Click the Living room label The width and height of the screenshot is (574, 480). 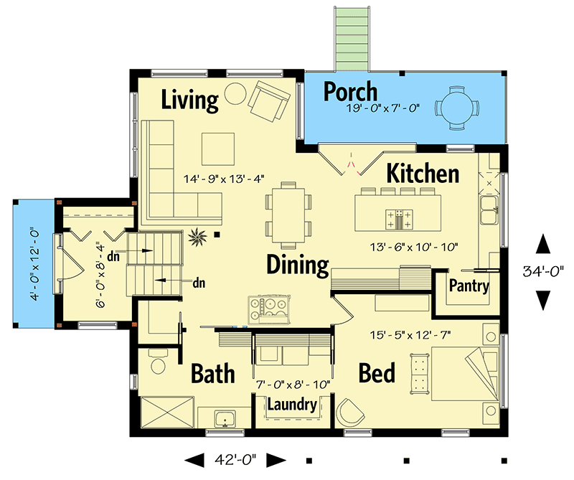coord(189,100)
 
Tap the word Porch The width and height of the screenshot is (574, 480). coord(350,91)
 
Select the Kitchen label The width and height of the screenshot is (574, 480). coord(423,173)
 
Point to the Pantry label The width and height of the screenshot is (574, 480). coord(469,286)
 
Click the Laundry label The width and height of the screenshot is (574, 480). coord(292,405)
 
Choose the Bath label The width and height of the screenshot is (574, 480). coord(212,374)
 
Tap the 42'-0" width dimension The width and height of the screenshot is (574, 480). coord(235,459)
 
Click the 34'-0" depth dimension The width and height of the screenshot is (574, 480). coord(543,271)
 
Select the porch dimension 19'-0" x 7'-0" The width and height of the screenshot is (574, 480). coord(382,108)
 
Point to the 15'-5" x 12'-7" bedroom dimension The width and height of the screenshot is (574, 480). coord(410,335)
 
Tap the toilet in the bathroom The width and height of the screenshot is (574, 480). coord(158,362)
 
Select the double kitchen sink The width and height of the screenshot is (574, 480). coord(489,210)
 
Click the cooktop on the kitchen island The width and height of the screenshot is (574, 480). coord(399,220)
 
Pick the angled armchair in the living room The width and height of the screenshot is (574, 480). coord(269,101)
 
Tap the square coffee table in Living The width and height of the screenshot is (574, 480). coord(218,149)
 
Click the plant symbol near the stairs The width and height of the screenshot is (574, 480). coord(197,237)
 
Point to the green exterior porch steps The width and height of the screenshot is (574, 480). coord(351,39)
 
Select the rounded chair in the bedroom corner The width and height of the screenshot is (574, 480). coord(349,413)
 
